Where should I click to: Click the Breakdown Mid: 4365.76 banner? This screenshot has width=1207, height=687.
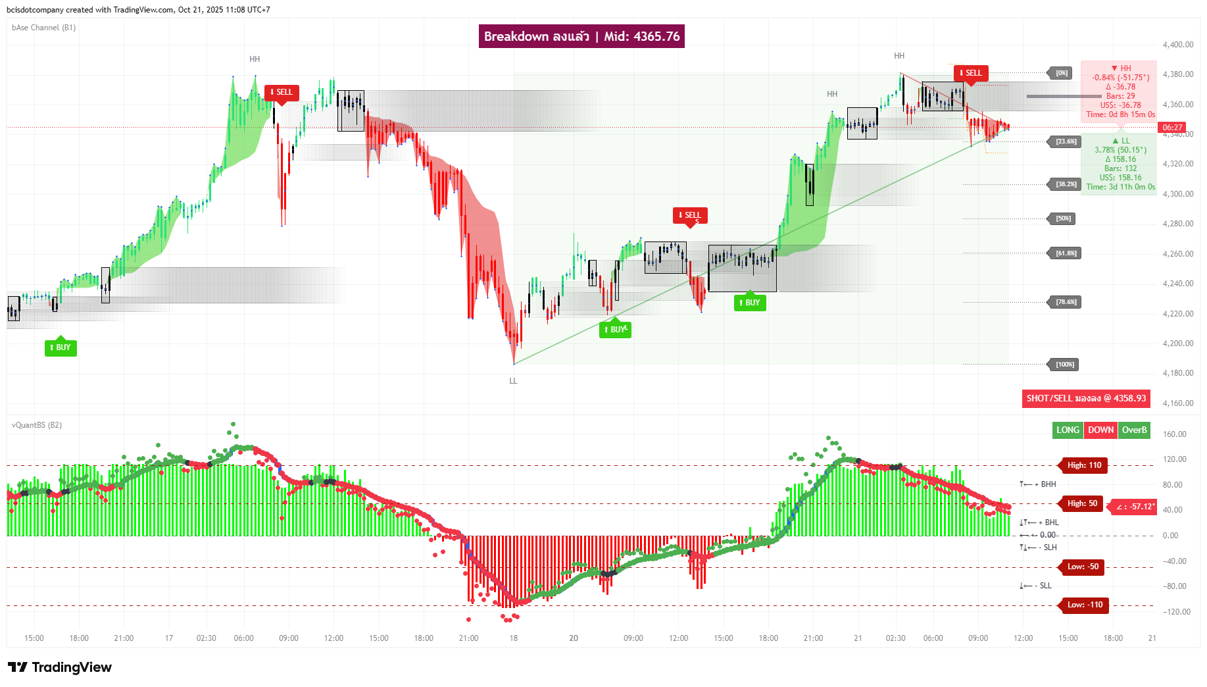581,36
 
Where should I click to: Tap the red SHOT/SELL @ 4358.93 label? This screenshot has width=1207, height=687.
1086,398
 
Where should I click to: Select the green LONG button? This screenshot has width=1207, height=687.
1068,430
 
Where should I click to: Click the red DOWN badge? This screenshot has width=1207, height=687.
1100,430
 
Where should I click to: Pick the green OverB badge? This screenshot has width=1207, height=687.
1134,430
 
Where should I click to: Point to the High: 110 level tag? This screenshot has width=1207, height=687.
1084,465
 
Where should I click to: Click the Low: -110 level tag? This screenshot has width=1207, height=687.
1084,605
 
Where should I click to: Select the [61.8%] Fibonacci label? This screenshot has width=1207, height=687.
1066,253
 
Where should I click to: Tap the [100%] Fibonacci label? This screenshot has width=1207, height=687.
1065,365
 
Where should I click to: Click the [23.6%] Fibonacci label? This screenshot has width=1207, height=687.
1066,141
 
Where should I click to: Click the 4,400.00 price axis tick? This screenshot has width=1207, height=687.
1177,45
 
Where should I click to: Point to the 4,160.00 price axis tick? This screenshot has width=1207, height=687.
1177,403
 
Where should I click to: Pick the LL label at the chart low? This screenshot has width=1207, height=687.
513,381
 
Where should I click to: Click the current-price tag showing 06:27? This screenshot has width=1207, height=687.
1172,128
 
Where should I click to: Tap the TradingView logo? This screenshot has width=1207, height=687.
60,667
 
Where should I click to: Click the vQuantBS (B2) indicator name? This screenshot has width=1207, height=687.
37,425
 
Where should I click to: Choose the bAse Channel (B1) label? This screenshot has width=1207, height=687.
43,28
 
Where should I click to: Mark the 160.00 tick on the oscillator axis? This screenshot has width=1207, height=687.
1174,434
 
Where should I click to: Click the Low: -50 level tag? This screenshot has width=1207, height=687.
1083,567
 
